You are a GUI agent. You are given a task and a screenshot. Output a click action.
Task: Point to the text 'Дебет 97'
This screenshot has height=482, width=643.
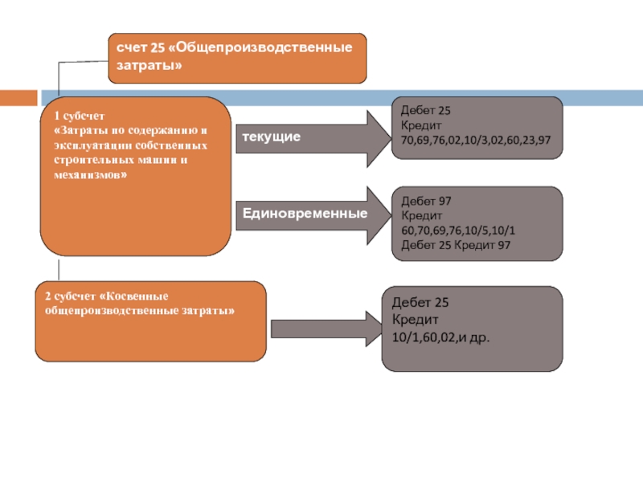(420, 202)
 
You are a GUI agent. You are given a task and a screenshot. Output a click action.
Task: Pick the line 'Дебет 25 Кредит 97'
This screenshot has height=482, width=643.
(455, 245)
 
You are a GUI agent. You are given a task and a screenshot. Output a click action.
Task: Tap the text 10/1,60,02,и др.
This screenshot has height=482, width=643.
(440, 337)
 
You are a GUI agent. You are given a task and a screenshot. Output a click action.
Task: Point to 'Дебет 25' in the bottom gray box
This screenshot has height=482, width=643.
(420, 303)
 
